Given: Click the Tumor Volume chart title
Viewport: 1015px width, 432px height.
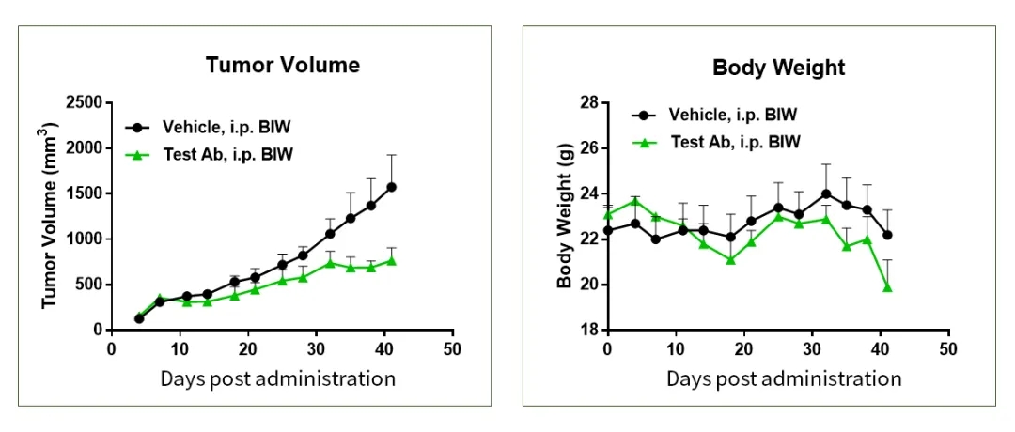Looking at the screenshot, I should click(283, 66).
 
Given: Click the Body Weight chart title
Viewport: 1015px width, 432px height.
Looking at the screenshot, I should click(778, 68).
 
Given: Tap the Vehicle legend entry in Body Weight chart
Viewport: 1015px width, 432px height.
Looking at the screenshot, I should click(732, 115).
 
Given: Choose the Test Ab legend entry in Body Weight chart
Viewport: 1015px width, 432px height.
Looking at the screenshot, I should click(735, 143).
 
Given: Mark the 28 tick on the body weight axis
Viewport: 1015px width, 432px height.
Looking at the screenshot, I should click(588, 101).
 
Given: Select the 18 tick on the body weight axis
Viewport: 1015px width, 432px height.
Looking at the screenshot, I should click(588, 330).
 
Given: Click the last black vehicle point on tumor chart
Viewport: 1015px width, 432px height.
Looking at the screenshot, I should click(391, 187).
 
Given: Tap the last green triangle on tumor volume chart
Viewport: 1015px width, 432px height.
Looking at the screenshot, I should click(391, 260).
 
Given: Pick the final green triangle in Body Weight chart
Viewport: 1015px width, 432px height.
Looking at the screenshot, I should click(887, 286).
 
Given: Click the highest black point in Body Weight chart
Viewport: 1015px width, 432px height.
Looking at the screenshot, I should click(826, 194).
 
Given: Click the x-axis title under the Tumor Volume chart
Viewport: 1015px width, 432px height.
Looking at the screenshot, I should click(277, 378).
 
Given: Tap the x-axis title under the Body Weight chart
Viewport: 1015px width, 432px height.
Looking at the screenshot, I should click(784, 378).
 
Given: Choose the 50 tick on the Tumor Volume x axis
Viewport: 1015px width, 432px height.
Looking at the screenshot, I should click(453, 347).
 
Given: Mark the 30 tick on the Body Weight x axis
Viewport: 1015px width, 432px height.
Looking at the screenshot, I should click(813, 347).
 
